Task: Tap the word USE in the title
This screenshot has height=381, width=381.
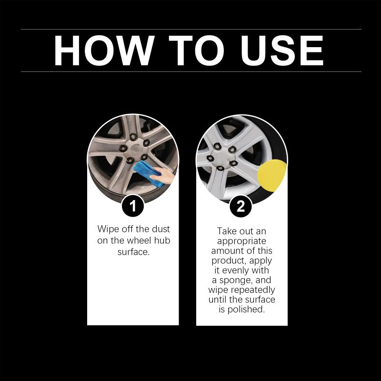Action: click(282, 50)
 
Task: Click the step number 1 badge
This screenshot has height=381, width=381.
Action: click(133, 206)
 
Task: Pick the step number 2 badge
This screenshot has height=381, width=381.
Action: click(241, 206)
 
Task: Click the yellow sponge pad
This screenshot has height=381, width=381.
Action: click(271, 175)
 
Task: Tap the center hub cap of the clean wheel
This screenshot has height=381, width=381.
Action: click(221, 157)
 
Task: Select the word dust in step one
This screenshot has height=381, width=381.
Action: click(161, 229)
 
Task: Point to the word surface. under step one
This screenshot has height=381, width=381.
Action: click(133, 252)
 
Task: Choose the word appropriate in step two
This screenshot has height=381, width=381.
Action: click(241, 241)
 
